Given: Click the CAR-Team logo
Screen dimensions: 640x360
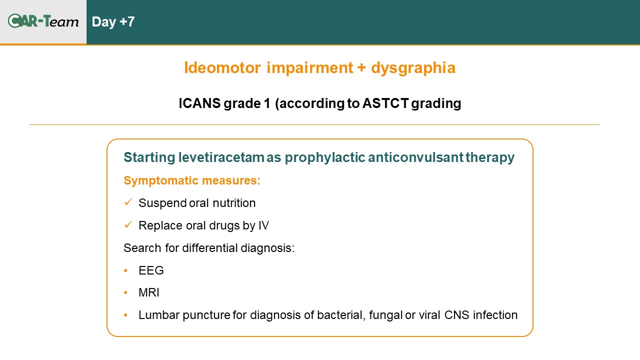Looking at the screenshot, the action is (43, 21).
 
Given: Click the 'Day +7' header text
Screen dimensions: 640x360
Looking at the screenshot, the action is (113, 22).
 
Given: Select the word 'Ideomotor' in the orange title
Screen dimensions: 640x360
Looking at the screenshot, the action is (222, 67).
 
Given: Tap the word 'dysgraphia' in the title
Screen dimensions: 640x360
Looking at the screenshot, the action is (413, 68).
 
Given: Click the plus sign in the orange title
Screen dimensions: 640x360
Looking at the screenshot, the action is (361, 68).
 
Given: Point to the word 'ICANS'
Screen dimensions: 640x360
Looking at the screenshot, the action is (199, 103).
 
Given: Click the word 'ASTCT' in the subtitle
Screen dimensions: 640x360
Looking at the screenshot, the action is (385, 103).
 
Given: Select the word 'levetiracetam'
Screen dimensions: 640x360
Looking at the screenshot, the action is (221, 157).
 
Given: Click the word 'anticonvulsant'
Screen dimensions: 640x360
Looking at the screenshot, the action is (415, 157).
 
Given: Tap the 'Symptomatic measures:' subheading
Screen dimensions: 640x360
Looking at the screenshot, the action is (192, 180).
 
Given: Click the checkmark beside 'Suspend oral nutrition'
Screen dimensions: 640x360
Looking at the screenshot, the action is (128, 202).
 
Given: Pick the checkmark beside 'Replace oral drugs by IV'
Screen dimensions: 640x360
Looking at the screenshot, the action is (128, 224).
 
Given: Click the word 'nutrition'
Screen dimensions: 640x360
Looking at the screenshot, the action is (234, 203).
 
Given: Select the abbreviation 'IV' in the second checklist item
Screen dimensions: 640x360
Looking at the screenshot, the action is (263, 225).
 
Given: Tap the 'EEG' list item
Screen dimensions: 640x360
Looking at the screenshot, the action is (151, 270).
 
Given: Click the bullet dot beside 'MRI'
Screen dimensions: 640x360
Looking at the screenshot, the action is (125, 292).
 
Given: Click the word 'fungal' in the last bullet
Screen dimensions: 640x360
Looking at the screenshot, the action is (385, 315).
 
